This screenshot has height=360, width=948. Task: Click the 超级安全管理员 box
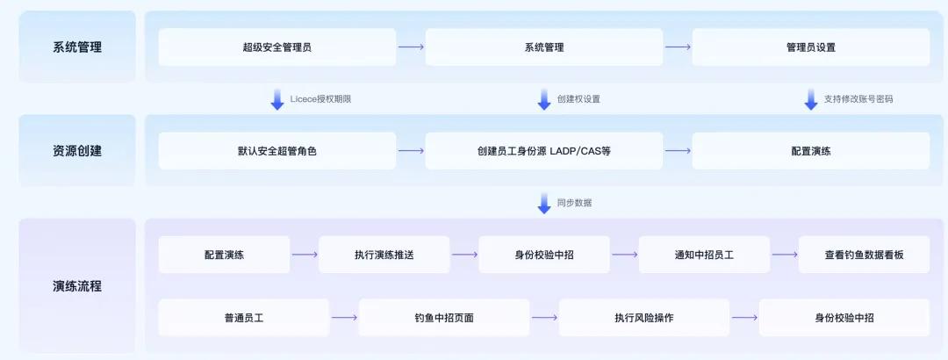[x=276, y=47]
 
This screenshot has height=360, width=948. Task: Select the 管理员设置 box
[x=810, y=47]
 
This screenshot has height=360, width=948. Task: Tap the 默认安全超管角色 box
[x=276, y=151]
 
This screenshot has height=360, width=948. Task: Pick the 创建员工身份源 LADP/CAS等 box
[x=543, y=151]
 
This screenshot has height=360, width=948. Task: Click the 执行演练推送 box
[x=384, y=255]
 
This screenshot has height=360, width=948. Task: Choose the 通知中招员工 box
[x=704, y=255]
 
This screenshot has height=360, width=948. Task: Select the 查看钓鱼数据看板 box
[x=864, y=255]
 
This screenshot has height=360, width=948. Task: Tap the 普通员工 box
[x=243, y=318]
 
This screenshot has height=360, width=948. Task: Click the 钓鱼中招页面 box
[x=443, y=318]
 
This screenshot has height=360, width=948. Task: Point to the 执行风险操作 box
[x=643, y=318]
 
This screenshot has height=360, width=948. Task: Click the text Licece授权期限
[x=320, y=99]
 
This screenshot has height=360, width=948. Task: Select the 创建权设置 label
[x=578, y=99]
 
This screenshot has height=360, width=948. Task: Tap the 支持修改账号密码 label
[x=858, y=99]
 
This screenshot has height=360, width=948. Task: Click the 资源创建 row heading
[x=77, y=151]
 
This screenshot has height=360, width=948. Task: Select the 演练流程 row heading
[x=77, y=286]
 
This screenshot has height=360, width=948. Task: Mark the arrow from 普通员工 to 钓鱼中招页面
[x=344, y=318]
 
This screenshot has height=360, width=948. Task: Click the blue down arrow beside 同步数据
[x=544, y=203]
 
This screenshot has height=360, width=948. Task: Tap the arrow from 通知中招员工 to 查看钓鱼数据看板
[x=784, y=255]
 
